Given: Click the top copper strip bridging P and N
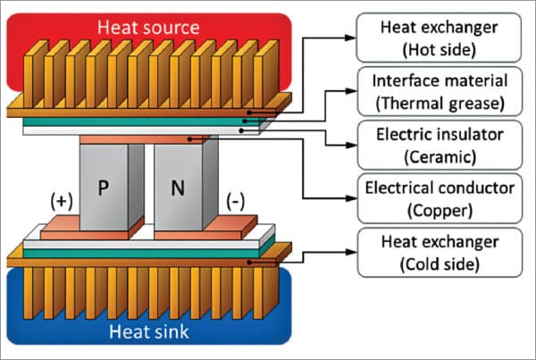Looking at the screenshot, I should (x=147, y=139).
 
